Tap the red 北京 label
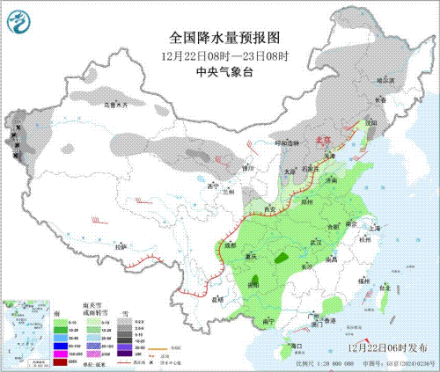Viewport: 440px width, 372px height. point(323,140)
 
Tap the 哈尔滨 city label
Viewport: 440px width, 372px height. point(386,80)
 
